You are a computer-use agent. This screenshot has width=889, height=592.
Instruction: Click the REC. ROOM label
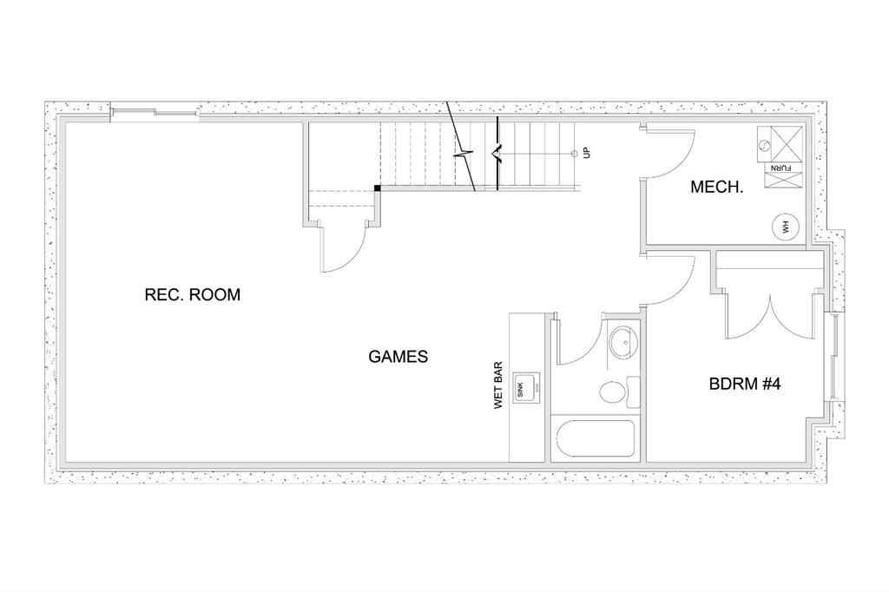[x=192, y=295]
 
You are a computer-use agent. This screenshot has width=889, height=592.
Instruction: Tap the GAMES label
[x=398, y=357]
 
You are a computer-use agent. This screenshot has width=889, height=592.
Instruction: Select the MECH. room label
[x=716, y=187]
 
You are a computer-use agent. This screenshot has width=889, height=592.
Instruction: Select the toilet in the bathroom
[x=614, y=391]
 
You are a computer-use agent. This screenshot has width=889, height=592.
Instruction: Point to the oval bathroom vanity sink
[x=622, y=342]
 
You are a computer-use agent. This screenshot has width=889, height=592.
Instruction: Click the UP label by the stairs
[x=587, y=153]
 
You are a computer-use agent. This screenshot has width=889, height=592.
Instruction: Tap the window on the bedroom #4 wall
[x=835, y=357]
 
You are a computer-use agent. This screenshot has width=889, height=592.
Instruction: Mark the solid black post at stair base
[x=378, y=187]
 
